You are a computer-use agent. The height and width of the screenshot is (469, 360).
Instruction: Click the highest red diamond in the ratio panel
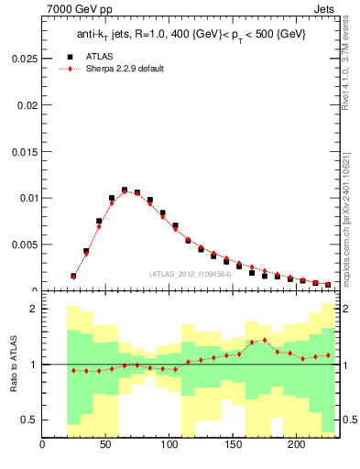(x=265, y=341)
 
